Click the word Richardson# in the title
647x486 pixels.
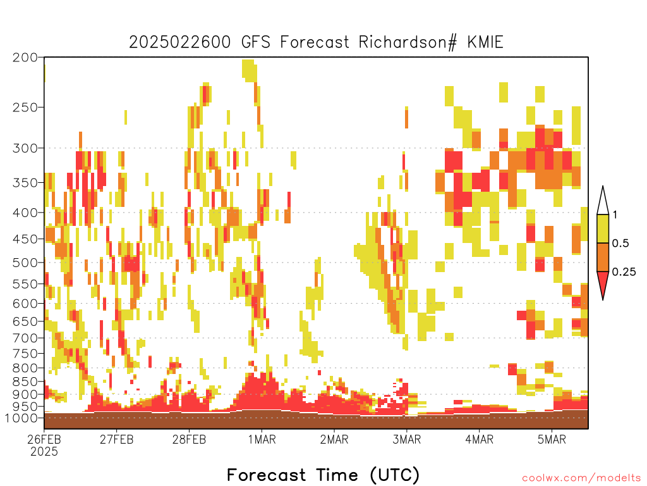408,42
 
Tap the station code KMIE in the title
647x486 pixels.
485,42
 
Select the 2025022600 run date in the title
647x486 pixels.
180,42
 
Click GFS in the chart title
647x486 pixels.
256,42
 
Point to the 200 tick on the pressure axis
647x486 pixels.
25,58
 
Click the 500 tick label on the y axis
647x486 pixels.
25,263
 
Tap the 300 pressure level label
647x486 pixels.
25,148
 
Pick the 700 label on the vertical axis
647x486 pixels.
25,338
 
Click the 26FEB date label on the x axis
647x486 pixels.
44,439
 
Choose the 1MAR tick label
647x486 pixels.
262,439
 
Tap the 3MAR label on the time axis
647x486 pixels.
406,439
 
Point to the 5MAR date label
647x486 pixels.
552,439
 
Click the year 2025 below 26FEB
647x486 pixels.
44,452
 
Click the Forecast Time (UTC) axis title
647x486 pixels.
323,475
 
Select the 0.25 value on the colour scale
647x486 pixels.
624,272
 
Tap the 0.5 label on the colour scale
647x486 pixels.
620,244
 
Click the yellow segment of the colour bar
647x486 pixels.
603,228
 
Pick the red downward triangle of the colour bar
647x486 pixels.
603,283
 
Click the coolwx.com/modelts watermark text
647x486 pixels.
581,478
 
